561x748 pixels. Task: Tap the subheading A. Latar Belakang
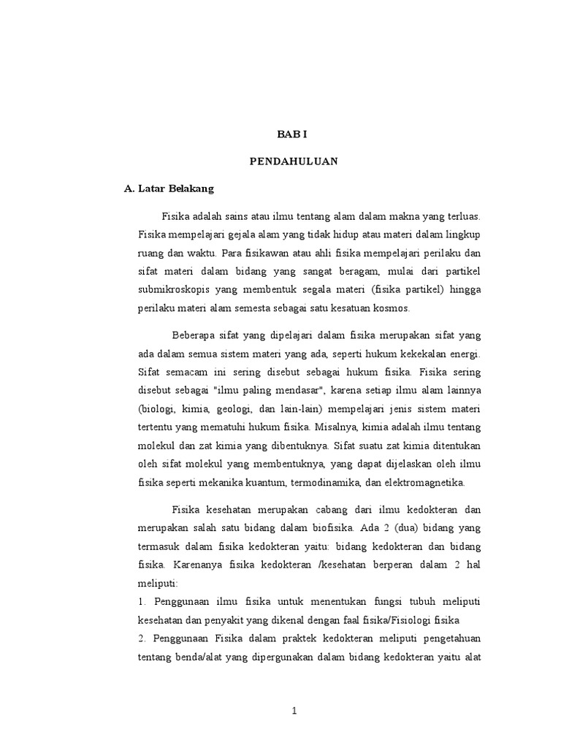pyautogui.click(x=169, y=188)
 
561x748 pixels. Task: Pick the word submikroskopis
pyautogui.click(x=172, y=289)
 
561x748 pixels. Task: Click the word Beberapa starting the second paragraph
pyautogui.click(x=194, y=335)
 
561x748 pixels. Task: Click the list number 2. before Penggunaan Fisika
pyautogui.click(x=142, y=638)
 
